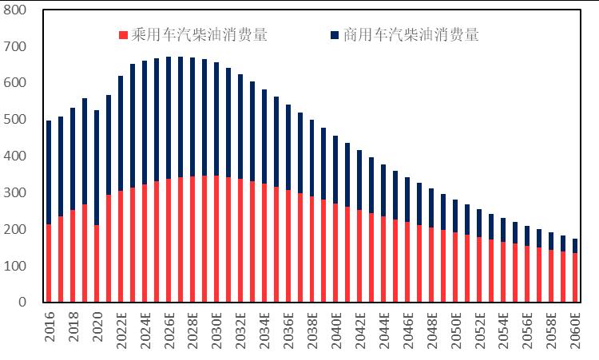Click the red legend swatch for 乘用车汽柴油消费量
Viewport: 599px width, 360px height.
click(x=123, y=35)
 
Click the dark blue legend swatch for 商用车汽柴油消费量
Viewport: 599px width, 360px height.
click(x=334, y=35)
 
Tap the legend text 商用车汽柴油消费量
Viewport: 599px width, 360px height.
click(x=411, y=35)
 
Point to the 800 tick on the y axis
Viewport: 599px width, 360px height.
click(x=15, y=10)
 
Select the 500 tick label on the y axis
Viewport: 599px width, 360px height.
click(x=15, y=120)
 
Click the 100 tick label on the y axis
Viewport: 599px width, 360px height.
click(x=15, y=266)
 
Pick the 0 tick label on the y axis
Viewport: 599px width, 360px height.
click(x=22, y=303)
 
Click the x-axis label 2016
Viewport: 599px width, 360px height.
click(x=50, y=327)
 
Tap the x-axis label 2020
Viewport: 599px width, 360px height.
click(x=97, y=327)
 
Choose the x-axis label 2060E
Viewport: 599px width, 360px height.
click(x=574, y=329)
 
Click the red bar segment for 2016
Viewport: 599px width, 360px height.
click(x=49, y=263)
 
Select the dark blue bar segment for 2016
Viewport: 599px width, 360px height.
click(x=49, y=172)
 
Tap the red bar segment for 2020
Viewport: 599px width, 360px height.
click(x=97, y=263)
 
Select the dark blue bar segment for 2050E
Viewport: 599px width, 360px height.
click(x=455, y=216)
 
